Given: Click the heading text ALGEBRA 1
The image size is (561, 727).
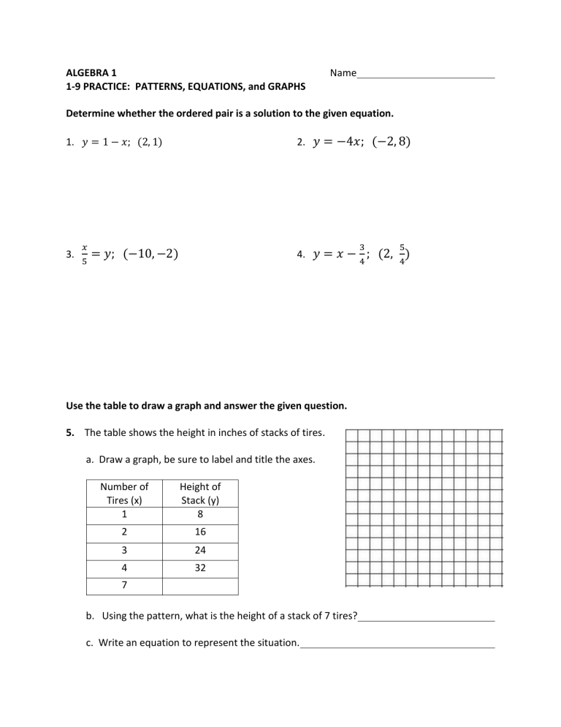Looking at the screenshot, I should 91,73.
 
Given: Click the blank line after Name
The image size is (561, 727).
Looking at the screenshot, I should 425,75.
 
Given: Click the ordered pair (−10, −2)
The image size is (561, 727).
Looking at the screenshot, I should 151,255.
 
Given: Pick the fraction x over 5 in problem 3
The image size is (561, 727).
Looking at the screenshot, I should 85,255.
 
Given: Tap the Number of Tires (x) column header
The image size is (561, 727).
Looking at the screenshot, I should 124,493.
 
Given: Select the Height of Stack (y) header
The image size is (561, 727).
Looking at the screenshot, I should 200,493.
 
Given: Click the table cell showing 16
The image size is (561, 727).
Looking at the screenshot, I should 200,533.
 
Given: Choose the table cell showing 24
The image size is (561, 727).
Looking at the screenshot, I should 200,551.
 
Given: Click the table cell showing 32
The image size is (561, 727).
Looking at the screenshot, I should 200,569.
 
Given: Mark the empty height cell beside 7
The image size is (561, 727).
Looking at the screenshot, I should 200,587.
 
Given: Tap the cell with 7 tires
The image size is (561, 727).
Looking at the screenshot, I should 124,587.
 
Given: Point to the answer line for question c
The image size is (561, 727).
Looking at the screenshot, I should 397,645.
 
